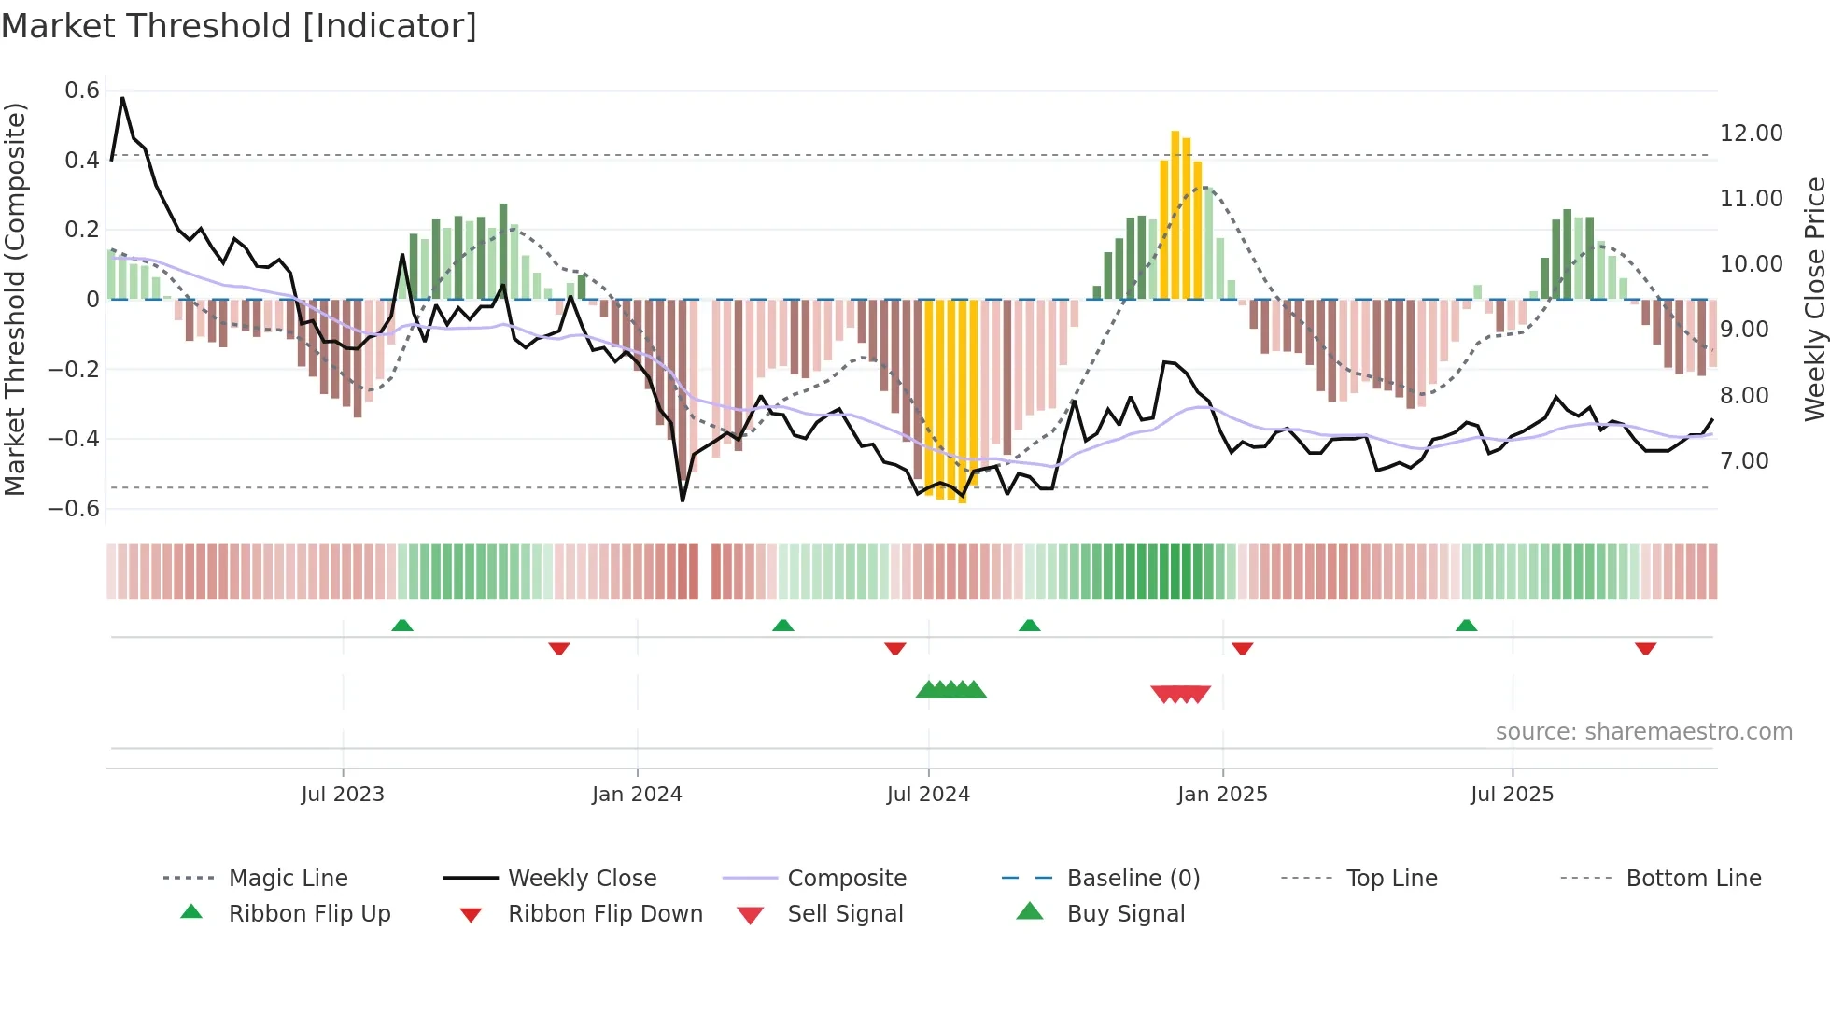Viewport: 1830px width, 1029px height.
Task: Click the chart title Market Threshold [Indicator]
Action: coord(239,26)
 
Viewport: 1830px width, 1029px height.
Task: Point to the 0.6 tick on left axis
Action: coord(82,91)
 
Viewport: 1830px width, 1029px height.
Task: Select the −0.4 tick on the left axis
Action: coord(74,438)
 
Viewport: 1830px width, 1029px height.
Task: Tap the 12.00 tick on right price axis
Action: coord(1751,134)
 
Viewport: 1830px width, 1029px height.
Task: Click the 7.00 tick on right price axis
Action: coord(1744,461)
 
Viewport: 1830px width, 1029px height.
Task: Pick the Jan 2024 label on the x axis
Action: coord(637,795)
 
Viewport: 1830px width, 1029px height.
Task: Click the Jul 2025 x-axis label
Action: coord(1512,795)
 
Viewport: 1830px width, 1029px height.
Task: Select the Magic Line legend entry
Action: coord(288,879)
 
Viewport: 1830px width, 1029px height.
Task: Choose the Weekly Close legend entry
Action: coord(582,879)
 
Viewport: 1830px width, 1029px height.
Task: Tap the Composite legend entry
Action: coord(846,879)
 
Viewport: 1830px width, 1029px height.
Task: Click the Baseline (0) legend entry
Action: coord(1133,879)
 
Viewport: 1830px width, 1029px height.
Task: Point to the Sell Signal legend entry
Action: coord(844,914)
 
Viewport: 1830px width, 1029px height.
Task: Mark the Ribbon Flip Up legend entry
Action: coord(309,914)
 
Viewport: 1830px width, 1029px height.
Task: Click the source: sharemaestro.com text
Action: coord(1643,732)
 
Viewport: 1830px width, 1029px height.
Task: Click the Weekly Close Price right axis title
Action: coord(1814,299)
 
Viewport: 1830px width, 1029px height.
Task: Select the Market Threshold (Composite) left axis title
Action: coord(15,299)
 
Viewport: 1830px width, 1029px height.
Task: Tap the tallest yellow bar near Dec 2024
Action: coord(1175,215)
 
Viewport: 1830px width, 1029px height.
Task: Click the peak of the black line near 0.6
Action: coord(122,98)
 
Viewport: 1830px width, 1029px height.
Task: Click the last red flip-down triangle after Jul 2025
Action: coord(1645,648)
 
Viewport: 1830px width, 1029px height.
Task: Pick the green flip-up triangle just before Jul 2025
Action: coord(1466,626)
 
